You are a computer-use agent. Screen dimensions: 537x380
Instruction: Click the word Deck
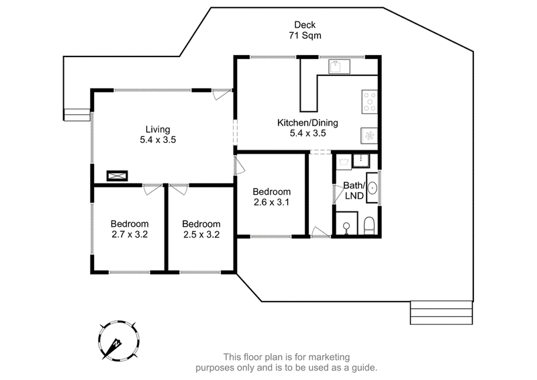[x=305, y=25]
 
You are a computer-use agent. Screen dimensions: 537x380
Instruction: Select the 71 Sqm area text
[x=305, y=36]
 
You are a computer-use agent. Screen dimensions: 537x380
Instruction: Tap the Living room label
[x=158, y=130]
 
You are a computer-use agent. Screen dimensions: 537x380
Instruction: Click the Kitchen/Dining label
[x=307, y=123]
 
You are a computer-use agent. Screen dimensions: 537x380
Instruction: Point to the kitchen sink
[x=339, y=66]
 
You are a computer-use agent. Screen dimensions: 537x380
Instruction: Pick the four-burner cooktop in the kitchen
[x=370, y=102]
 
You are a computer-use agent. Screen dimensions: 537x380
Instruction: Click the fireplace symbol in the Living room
[x=117, y=176]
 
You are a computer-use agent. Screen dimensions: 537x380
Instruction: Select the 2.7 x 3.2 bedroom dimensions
[x=130, y=235]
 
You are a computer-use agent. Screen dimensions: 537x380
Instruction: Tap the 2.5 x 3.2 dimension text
[x=201, y=235]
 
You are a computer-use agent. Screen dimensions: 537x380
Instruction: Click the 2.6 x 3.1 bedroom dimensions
[x=272, y=202]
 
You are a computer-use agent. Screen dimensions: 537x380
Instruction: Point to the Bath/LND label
[x=354, y=191]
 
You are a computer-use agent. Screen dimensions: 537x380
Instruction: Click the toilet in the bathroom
[x=369, y=226]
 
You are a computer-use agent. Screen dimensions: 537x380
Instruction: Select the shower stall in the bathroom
[x=346, y=223]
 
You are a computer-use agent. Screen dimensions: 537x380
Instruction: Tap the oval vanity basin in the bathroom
[x=373, y=188]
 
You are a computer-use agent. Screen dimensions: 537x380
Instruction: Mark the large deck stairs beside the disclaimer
[x=442, y=312]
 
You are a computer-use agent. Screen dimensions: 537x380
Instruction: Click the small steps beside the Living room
[x=77, y=115]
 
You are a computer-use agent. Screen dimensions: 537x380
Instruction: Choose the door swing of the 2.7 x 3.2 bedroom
[x=152, y=189]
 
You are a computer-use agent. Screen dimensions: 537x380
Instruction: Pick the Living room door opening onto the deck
[x=222, y=94]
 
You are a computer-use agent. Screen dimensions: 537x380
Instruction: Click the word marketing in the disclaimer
[x=329, y=357]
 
